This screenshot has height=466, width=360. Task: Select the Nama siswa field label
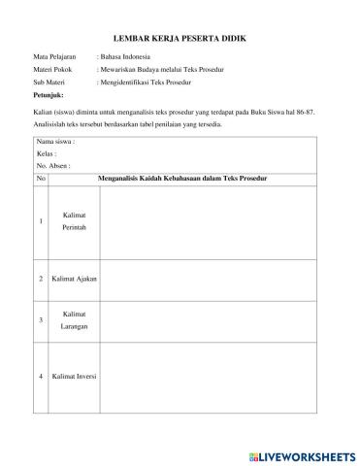[x=56, y=142]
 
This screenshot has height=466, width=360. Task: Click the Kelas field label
[x=46, y=153]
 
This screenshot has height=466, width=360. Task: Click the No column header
[x=41, y=179]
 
